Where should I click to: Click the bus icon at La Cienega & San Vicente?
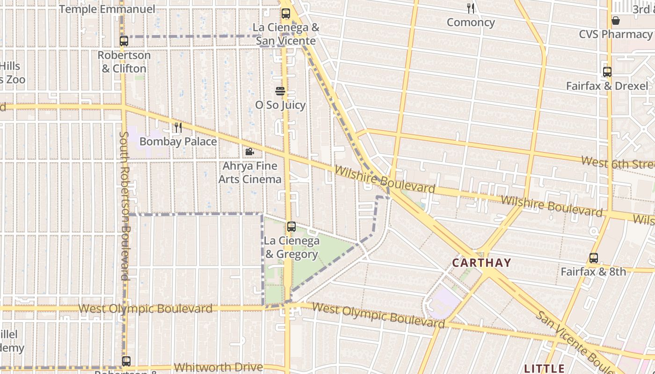[x=285, y=14]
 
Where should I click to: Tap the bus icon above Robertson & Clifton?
[x=124, y=41]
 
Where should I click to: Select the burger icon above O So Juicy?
[x=280, y=91]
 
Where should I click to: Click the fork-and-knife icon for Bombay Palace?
[x=178, y=128]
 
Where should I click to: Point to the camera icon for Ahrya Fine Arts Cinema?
[x=250, y=152]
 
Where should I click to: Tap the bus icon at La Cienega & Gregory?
[x=291, y=227]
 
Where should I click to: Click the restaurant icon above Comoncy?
[x=471, y=8]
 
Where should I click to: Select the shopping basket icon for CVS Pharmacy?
[x=616, y=21]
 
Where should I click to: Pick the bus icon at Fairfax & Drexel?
[x=607, y=72]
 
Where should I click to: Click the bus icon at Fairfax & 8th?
[x=594, y=258]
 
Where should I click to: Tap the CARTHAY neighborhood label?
[x=481, y=263]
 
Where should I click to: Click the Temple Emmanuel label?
[x=107, y=9]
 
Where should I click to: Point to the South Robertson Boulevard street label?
[x=124, y=206]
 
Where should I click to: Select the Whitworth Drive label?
[x=218, y=367]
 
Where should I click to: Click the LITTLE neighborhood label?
[x=544, y=368]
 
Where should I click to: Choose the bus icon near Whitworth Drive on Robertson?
[x=126, y=361]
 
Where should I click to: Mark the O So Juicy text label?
[x=280, y=105]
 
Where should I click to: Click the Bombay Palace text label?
[x=178, y=141]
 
